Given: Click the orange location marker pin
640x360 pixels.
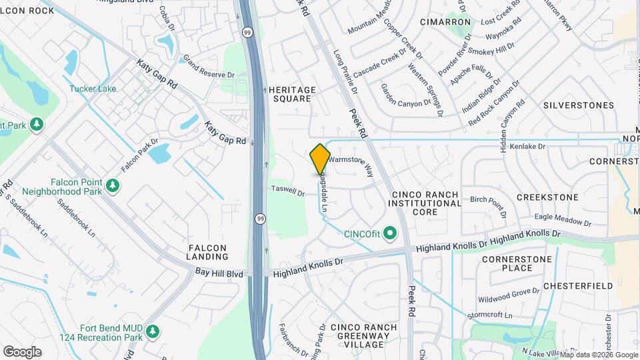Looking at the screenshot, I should pos(321,159).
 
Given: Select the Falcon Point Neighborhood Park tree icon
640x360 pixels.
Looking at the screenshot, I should pos(113,184).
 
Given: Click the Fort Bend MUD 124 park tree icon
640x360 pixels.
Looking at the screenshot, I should pos(153,331).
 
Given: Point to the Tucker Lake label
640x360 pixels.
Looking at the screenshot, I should pos(92,89).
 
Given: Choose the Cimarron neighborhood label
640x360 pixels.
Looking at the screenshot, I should pos(446,22).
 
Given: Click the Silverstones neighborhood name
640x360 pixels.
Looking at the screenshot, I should pos(578,105).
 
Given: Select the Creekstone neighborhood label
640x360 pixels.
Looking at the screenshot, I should pos(547,197).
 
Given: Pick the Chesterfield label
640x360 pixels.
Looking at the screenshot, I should pos(577,286).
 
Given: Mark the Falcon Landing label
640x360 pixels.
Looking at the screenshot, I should pos(208,251).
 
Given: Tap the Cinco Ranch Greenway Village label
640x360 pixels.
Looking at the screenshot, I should pos(364,336).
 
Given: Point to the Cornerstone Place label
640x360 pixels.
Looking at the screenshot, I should pos(517,263).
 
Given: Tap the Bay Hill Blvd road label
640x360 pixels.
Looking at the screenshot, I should pos(219,272).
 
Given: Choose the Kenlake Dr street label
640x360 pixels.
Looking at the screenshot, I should pos(527,146).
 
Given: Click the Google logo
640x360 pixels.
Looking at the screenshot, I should pos(22,351).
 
